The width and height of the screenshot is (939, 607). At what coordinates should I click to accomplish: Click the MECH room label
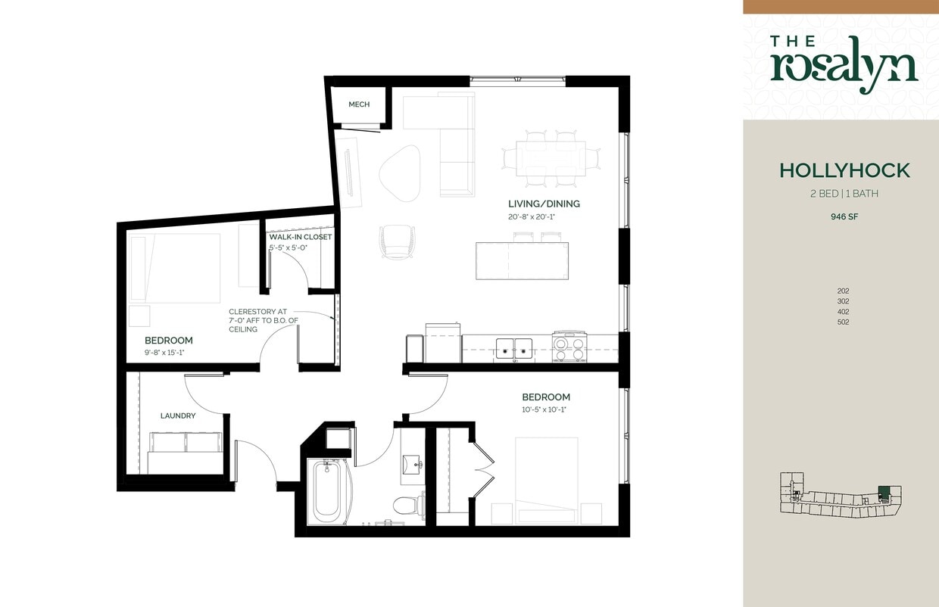click(359, 104)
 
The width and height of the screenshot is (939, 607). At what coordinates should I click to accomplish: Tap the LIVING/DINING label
click(544, 204)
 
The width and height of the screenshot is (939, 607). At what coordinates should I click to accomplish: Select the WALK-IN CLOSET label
click(301, 237)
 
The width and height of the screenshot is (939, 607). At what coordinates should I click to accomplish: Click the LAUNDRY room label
click(178, 416)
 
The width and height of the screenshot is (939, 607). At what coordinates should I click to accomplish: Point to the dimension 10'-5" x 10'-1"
click(544, 409)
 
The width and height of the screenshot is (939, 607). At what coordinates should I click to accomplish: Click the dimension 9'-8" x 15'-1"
click(164, 352)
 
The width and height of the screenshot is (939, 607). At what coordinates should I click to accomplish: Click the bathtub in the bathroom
click(327, 492)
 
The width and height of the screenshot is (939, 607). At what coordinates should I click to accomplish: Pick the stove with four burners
click(569, 347)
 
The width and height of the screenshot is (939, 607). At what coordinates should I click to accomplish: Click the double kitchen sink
click(515, 348)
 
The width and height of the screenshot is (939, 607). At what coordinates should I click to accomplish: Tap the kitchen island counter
click(522, 260)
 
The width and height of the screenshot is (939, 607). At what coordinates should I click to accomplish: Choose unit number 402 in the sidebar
click(843, 312)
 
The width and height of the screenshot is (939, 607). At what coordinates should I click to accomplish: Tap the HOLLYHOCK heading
click(844, 170)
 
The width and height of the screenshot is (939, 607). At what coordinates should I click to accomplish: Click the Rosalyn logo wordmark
click(844, 64)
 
